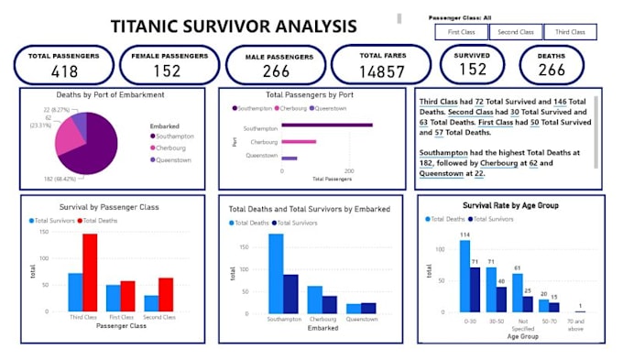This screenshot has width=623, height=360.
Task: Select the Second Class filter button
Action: [x=515, y=32]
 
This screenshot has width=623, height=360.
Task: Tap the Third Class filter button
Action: [x=569, y=32]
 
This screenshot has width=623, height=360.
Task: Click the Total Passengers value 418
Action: [x=64, y=71]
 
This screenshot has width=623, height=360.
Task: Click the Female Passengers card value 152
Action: [x=166, y=71]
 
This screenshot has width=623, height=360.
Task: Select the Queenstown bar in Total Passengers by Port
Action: [x=290, y=158]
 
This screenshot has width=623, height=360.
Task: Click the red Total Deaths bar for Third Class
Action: [x=90, y=272]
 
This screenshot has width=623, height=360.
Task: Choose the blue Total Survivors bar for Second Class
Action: [x=151, y=303]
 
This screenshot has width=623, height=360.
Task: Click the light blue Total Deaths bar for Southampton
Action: [x=276, y=273]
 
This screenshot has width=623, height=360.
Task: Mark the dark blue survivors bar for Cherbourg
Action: [x=330, y=303]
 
